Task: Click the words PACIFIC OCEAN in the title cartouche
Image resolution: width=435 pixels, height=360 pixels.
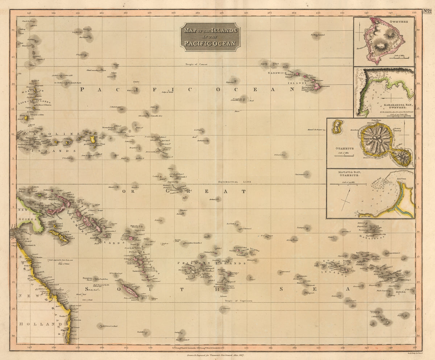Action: click(210, 44)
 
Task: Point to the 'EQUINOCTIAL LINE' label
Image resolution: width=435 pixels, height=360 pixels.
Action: click(232, 182)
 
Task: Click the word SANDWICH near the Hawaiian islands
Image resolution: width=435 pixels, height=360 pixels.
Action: click(277, 73)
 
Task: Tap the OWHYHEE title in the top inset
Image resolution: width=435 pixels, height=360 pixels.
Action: click(396, 21)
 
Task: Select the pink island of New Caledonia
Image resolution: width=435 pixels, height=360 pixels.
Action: click(129, 291)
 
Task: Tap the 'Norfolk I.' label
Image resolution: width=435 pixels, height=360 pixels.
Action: click(141, 332)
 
